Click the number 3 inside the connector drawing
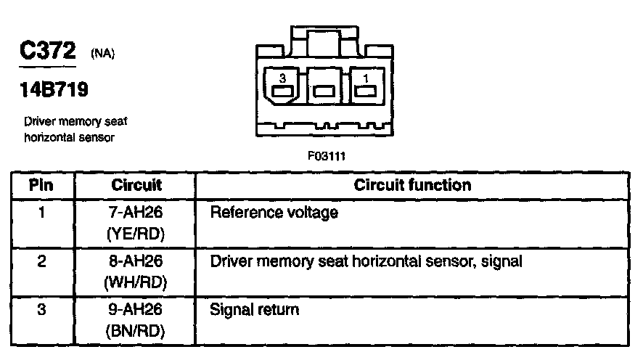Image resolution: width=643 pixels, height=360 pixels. click(x=284, y=76)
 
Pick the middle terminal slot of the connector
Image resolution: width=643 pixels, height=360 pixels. click(x=324, y=91)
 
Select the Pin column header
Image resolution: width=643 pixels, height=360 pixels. click(x=41, y=185)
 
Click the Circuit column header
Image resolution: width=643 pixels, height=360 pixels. click(x=136, y=185)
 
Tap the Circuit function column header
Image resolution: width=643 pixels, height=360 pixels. click(x=412, y=185)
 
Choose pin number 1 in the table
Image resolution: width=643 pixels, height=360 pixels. click(x=41, y=213)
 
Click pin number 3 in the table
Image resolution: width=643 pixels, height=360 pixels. click(x=41, y=310)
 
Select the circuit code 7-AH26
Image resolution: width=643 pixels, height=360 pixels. click(x=136, y=213)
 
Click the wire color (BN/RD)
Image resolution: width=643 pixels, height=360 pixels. click(x=136, y=332)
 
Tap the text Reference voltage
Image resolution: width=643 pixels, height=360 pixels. click(x=274, y=213)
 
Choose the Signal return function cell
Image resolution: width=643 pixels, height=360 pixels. click(x=254, y=310)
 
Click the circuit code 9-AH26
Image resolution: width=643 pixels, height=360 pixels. click(x=136, y=310)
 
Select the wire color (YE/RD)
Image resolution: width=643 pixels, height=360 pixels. click(x=136, y=235)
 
